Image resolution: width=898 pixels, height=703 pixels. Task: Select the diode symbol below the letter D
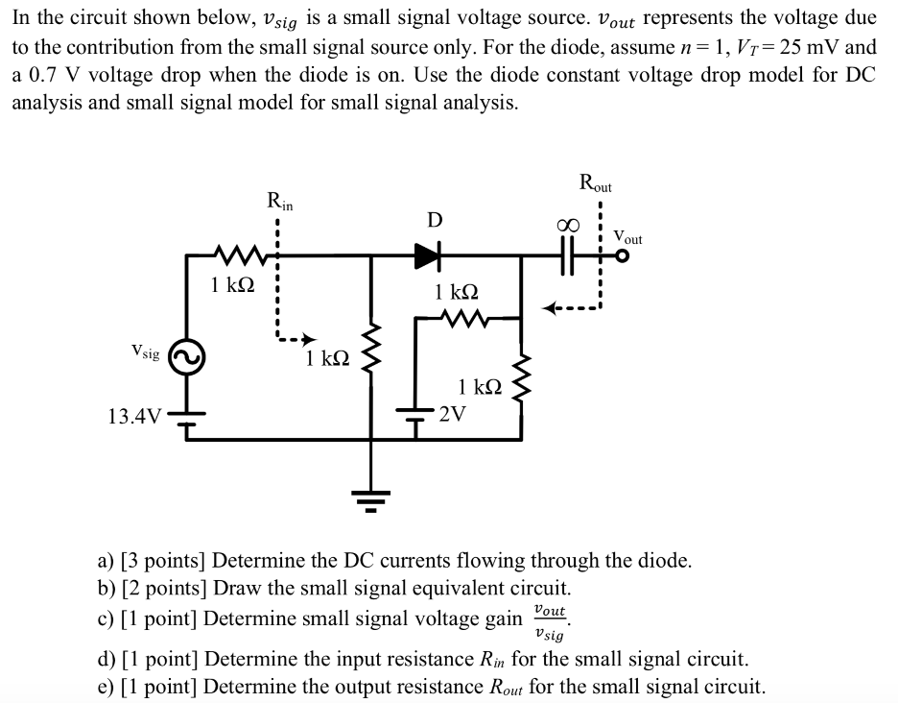[x=426, y=255]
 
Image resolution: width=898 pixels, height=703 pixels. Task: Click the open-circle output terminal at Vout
[x=625, y=256]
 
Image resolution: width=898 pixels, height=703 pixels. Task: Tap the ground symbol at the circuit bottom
[x=372, y=497]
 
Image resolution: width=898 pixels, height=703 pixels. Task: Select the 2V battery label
[x=452, y=415]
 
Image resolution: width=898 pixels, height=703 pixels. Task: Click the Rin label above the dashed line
[x=280, y=202]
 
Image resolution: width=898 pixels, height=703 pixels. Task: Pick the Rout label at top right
[x=596, y=182]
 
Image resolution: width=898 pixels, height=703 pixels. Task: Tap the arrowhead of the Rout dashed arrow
[x=548, y=309]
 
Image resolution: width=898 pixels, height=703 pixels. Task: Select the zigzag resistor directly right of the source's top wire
[x=233, y=256]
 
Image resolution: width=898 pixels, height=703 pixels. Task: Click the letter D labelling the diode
[x=435, y=220]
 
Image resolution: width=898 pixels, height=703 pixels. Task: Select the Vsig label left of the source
[x=146, y=353]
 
